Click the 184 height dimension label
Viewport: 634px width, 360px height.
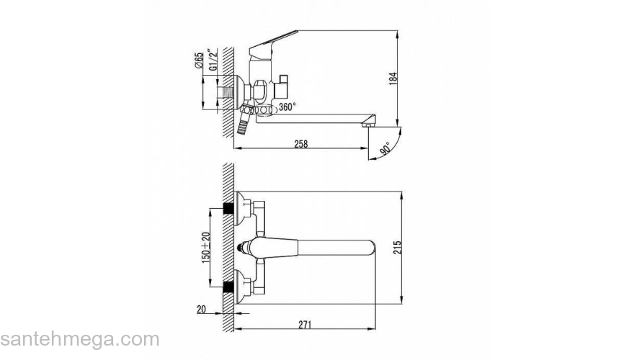click(x=393, y=78)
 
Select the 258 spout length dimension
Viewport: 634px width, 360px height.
click(x=301, y=144)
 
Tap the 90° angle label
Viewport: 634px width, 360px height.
click(x=385, y=149)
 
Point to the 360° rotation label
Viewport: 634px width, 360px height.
click(x=287, y=107)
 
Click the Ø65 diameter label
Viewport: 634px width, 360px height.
click(x=199, y=60)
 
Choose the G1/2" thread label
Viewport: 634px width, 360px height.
click(x=213, y=60)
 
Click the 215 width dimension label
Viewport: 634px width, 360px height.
click(x=398, y=247)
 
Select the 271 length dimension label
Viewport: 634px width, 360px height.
click(x=305, y=325)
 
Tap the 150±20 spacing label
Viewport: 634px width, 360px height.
click(x=206, y=246)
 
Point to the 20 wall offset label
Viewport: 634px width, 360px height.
click(x=201, y=310)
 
